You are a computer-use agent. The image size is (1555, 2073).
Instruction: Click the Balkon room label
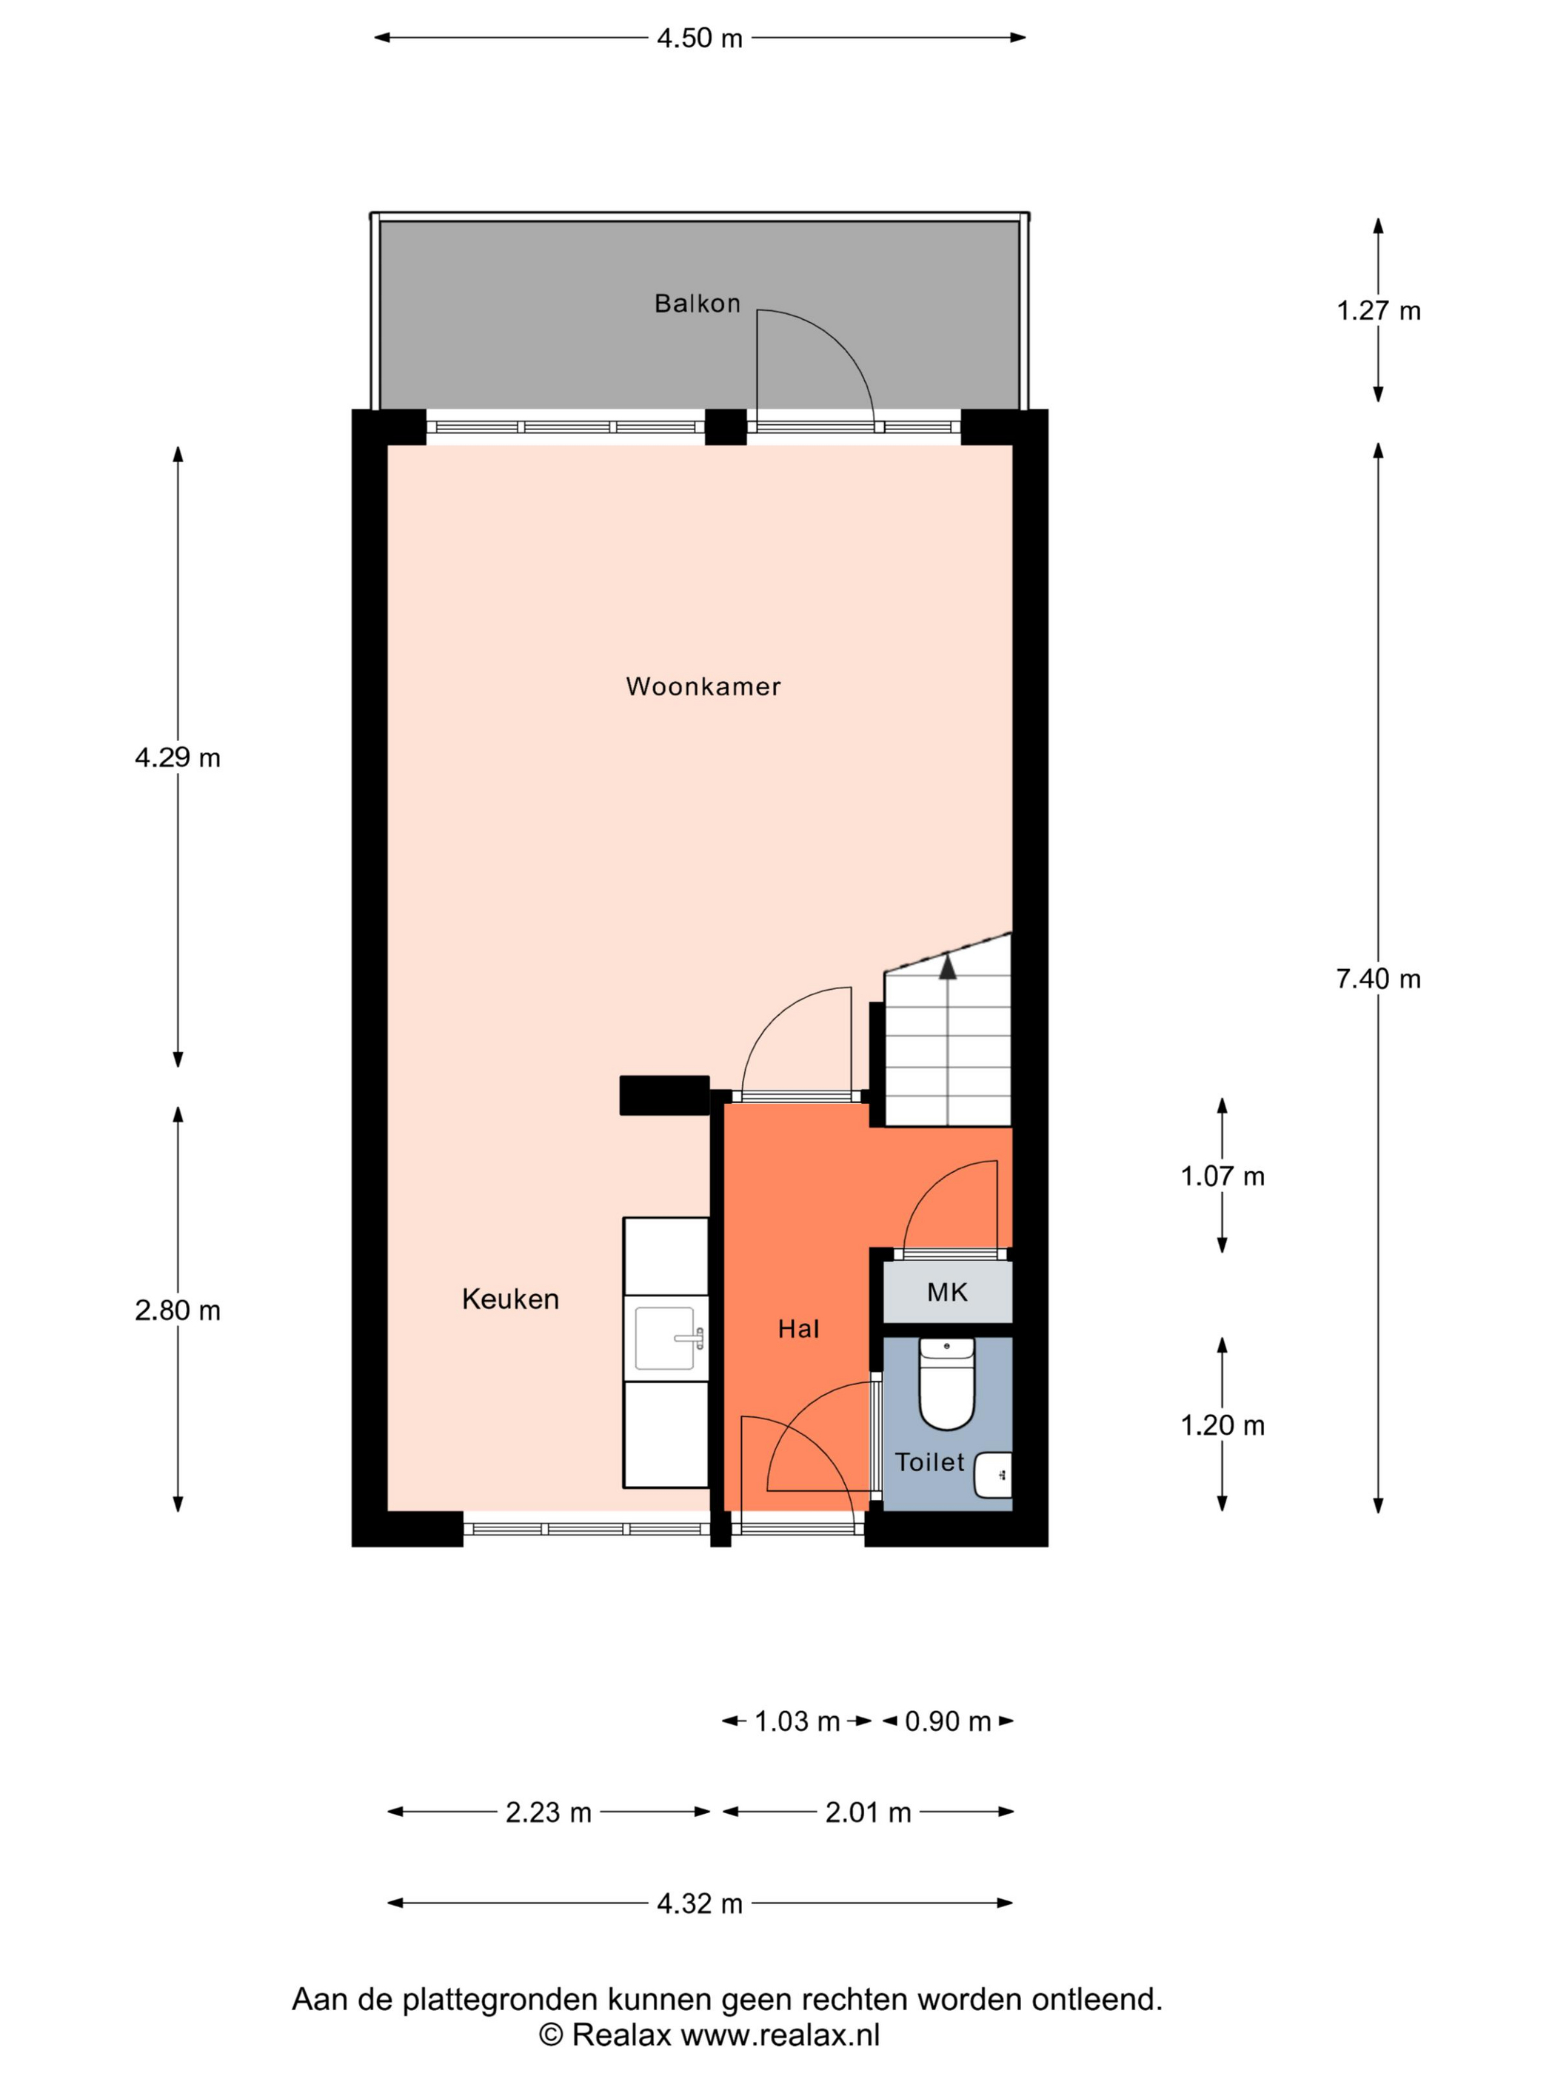click(x=697, y=304)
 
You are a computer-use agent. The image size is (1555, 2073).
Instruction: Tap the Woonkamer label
click(x=703, y=687)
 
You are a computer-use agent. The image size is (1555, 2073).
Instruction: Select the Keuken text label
click(x=510, y=1299)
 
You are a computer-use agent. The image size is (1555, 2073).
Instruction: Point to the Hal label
click(x=798, y=1328)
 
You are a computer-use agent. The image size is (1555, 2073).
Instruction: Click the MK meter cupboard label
click(x=946, y=1293)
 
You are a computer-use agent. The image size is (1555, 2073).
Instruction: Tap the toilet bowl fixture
click(x=946, y=1383)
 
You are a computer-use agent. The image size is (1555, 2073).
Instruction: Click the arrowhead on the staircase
click(x=948, y=966)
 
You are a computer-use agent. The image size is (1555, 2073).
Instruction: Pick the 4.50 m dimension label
click(x=699, y=38)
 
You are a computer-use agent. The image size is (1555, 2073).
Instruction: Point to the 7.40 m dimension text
click(x=1378, y=979)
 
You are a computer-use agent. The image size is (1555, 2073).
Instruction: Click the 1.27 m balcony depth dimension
click(x=1378, y=311)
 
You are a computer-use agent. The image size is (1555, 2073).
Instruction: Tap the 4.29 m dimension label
click(x=177, y=757)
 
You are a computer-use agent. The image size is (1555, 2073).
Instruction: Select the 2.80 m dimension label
click(x=177, y=1310)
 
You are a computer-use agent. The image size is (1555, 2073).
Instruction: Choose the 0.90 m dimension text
click(x=948, y=1721)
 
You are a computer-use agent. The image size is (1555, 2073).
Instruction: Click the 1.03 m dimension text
click(x=797, y=1721)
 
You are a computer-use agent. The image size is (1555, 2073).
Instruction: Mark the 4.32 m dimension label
click(x=699, y=1903)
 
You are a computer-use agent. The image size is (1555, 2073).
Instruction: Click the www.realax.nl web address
click(x=780, y=2035)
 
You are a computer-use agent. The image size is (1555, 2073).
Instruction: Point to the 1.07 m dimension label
click(x=1223, y=1176)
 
